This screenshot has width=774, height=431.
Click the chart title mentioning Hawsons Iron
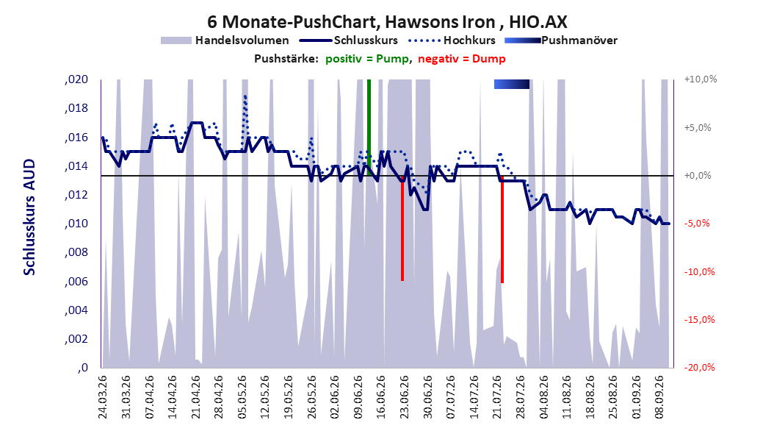click(387, 22)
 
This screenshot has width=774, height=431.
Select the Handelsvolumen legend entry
click(225, 40)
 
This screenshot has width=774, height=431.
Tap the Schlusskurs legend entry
click(349, 40)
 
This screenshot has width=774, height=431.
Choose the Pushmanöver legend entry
click(561, 40)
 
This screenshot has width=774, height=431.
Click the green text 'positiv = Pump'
click(367, 59)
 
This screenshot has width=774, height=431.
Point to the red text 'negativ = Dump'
click(462, 59)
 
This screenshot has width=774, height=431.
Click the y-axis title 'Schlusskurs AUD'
click(29, 217)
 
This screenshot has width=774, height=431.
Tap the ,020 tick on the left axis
click(76, 79)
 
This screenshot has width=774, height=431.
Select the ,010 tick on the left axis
click(76, 224)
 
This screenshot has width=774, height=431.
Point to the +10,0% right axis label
click(701, 79)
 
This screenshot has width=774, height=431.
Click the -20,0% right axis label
click(699, 367)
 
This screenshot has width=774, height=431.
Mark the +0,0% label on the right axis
click(698, 176)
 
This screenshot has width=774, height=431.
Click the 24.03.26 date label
click(103, 397)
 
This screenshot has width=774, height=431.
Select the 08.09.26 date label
click(659, 397)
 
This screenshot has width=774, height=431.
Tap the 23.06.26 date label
click(404, 397)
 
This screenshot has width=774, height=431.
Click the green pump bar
click(369, 127)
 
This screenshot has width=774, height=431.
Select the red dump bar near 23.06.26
click(402, 228)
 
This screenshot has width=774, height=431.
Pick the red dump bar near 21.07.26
click(502, 229)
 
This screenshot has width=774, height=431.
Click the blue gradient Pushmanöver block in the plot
click(512, 84)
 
